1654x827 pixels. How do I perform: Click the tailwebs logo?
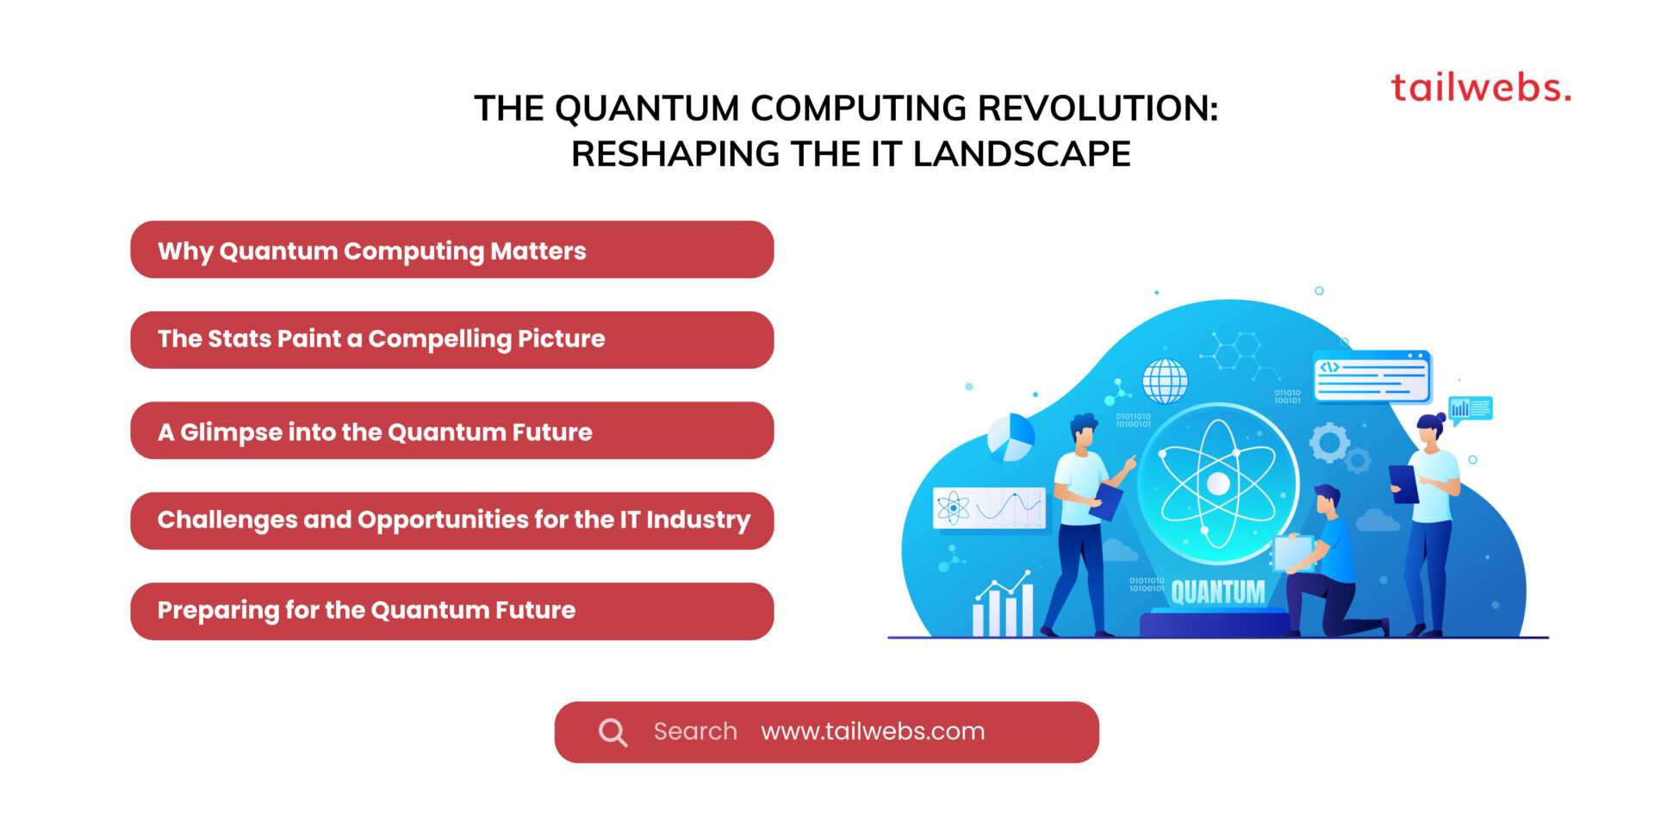[1481, 88]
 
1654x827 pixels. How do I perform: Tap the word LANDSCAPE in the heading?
[1022, 154]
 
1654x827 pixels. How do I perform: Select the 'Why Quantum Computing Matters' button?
[452, 250]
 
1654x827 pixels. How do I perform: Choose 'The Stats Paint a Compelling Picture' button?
[452, 340]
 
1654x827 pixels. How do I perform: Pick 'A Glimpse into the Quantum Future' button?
[452, 431]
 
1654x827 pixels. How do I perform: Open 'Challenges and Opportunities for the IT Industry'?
[452, 521]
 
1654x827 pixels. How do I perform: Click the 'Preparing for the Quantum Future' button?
[452, 612]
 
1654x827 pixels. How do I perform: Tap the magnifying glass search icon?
[612, 732]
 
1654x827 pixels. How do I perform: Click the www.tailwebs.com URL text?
[873, 731]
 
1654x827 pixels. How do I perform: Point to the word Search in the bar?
[695, 731]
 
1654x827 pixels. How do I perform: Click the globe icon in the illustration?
[1165, 381]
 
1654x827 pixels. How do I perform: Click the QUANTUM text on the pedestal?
[1218, 592]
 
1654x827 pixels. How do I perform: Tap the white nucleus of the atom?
[1218, 484]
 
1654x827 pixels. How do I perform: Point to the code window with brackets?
[1371, 376]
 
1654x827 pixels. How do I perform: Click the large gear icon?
[1329, 443]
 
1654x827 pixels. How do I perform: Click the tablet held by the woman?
[1403, 484]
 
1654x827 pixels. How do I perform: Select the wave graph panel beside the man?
[990, 507]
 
